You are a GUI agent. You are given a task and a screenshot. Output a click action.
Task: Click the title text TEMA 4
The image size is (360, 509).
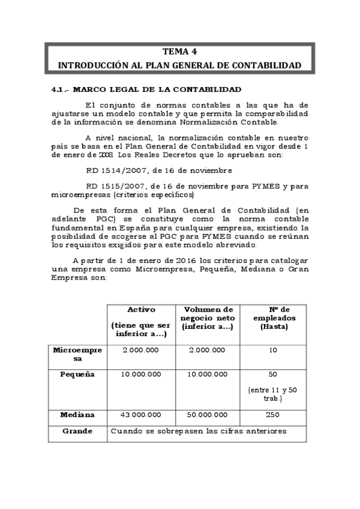[x=179, y=52]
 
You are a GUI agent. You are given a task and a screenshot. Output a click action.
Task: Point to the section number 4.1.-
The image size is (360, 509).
[x=61, y=89]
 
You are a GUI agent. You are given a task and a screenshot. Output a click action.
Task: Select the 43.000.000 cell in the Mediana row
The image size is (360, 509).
[x=141, y=415]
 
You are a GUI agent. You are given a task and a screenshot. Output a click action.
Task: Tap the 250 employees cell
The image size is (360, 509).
[x=273, y=415]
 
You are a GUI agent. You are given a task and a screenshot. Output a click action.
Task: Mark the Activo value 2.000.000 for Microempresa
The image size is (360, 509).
[x=141, y=350]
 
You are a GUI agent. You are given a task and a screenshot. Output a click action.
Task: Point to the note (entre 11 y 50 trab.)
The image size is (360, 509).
[x=273, y=394]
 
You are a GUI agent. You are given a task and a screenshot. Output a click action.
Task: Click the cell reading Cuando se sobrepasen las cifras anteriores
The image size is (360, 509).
[x=199, y=431]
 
